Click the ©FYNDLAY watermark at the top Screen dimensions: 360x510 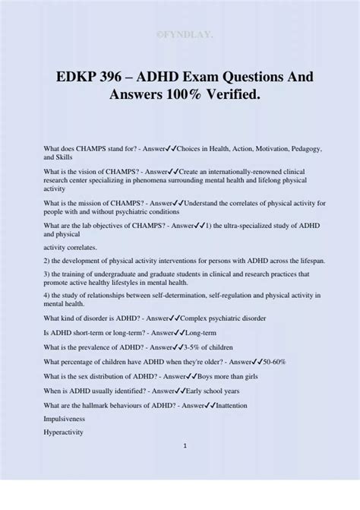click(x=180, y=33)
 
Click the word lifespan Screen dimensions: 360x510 click(x=308, y=259)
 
